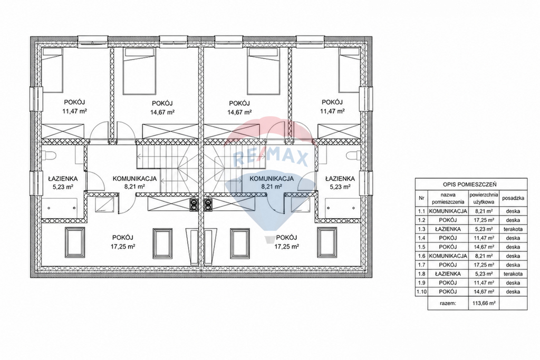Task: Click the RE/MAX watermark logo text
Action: (x=271, y=159)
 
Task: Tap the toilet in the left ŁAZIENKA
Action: (x=49, y=155)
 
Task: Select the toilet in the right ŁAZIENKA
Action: (x=354, y=155)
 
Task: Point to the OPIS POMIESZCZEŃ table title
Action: (x=471, y=185)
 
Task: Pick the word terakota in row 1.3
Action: (x=513, y=229)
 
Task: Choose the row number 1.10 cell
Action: (x=421, y=291)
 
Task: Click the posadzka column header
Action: (x=513, y=198)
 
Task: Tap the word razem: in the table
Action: (x=448, y=303)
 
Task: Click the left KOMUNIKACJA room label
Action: (x=134, y=179)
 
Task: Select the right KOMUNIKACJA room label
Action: (x=272, y=179)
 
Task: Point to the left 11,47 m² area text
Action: (x=74, y=111)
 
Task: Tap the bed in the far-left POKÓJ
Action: (x=52, y=70)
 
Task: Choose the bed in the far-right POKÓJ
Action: (x=350, y=70)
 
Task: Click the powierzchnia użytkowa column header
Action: (x=484, y=198)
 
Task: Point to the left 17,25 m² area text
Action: (x=122, y=247)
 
